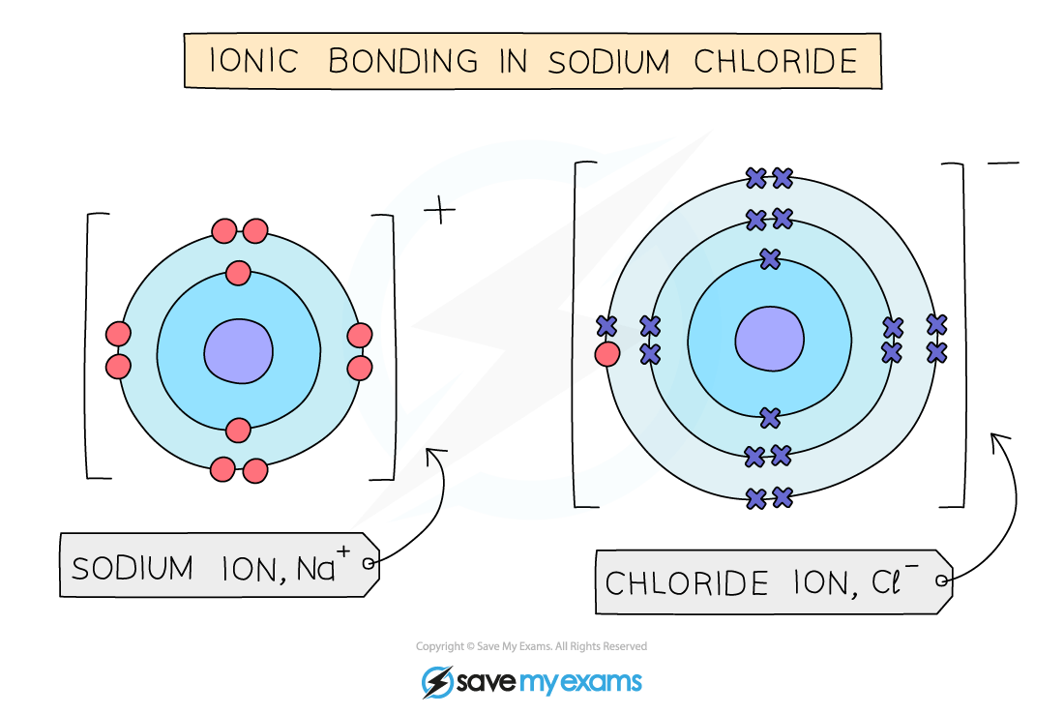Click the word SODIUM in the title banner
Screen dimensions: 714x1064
click(609, 61)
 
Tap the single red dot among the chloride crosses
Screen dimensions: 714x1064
click(607, 354)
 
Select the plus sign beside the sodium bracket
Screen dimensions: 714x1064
click(440, 210)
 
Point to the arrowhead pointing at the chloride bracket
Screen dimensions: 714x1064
click(995, 441)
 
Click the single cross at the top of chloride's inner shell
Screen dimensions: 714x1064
click(770, 258)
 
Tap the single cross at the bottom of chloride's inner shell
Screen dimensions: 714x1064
click(770, 418)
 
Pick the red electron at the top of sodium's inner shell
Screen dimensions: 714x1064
click(238, 274)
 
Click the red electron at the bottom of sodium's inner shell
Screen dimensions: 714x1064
click(238, 429)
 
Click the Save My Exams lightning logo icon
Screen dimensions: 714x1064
click(438, 682)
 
